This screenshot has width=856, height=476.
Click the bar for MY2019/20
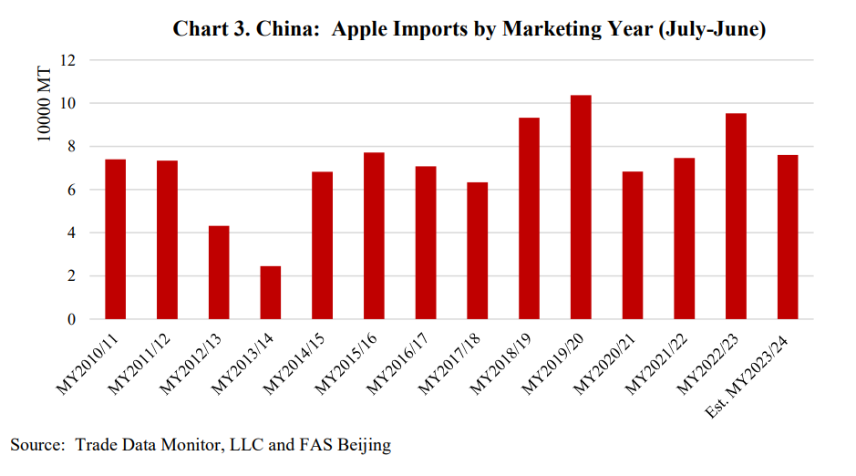pyautogui.click(x=581, y=207)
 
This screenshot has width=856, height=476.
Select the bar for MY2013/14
pyautogui.click(x=271, y=293)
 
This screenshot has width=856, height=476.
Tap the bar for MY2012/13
pyautogui.click(x=219, y=273)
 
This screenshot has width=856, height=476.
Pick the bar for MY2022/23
pyautogui.click(x=736, y=216)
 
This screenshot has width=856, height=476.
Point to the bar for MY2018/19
pyautogui.click(x=529, y=219)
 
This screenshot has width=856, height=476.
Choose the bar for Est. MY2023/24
pyautogui.click(x=788, y=237)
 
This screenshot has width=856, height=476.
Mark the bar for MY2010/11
pyautogui.click(x=116, y=239)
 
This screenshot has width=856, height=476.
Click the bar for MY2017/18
pyautogui.click(x=478, y=251)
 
